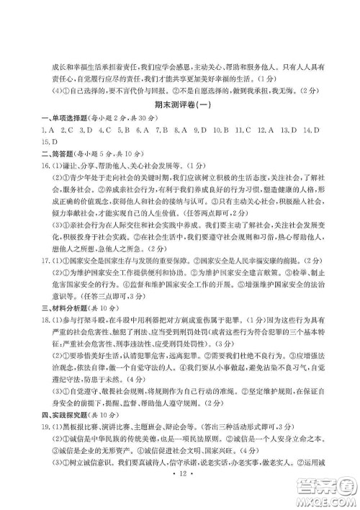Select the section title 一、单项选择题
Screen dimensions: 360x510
(63, 117)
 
